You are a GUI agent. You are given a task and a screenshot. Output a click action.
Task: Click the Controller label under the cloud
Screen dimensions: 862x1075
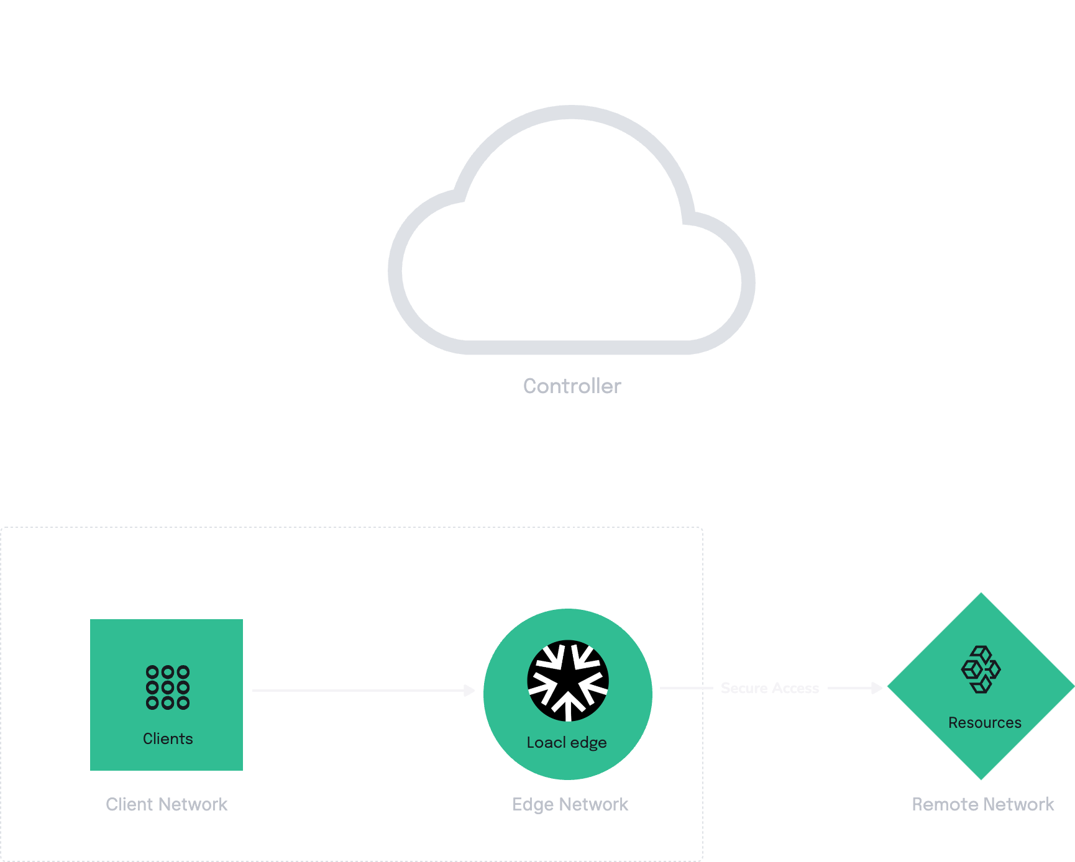click(x=572, y=386)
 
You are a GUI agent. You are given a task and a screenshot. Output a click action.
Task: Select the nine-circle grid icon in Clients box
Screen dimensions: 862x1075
click(x=168, y=687)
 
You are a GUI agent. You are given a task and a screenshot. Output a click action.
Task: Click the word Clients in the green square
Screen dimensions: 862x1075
click(x=168, y=738)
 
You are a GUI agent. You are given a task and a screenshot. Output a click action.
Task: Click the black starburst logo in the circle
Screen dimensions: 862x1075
click(x=568, y=681)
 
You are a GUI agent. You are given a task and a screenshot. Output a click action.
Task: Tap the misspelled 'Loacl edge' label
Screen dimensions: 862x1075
click(x=567, y=743)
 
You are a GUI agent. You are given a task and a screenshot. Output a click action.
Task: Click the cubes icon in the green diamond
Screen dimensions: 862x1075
click(x=981, y=669)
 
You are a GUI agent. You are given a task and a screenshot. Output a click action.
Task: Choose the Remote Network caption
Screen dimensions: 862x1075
click(x=983, y=804)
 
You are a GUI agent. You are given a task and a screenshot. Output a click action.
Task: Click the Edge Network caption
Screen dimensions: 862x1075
click(x=570, y=804)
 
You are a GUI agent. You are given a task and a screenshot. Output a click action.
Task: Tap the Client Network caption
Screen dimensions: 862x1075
click(x=167, y=804)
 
